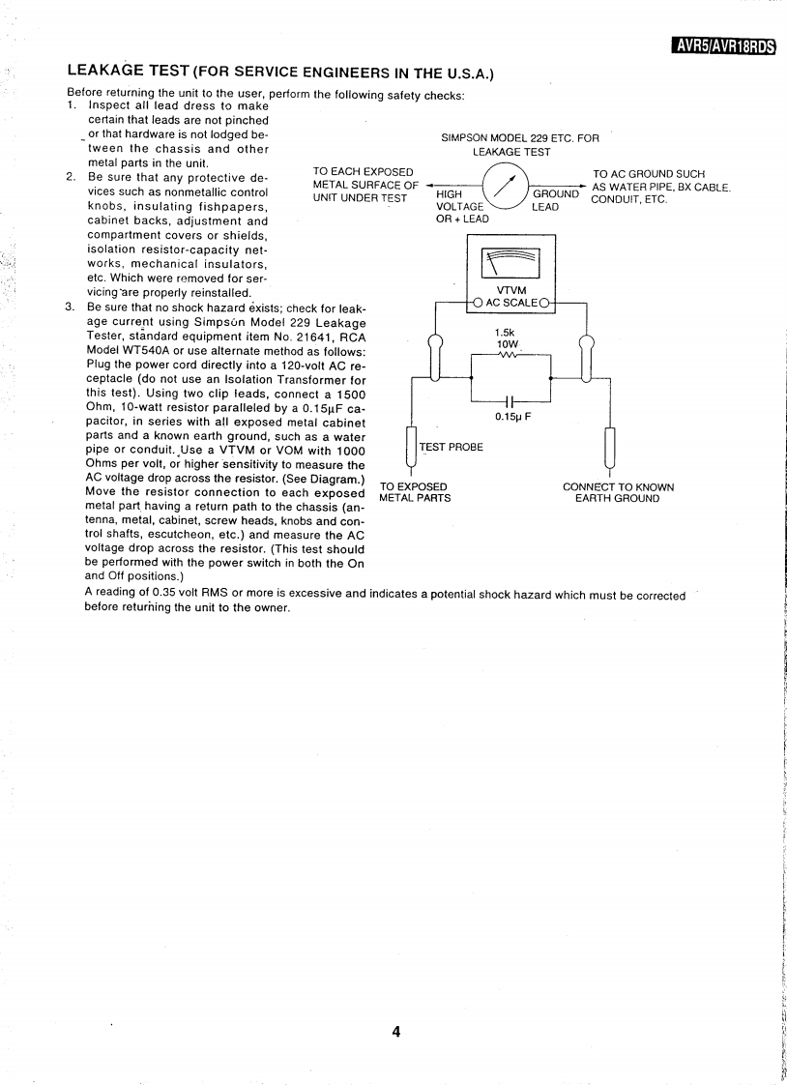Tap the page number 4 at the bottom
click(396, 1031)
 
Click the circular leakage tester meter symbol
click(503, 185)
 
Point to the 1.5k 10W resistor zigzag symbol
click(510, 355)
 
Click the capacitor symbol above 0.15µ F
click(510, 401)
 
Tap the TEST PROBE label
click(451, 447)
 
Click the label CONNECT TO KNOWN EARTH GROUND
click(618, 492)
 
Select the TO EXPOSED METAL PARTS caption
click(415, 492)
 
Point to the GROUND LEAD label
click(555, 200)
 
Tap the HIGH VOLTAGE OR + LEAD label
click(463, 206)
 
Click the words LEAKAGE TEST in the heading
click(128, 71)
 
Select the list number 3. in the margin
click(71, 308)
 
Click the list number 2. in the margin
click(71, 177)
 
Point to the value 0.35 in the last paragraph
click(160, 595)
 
